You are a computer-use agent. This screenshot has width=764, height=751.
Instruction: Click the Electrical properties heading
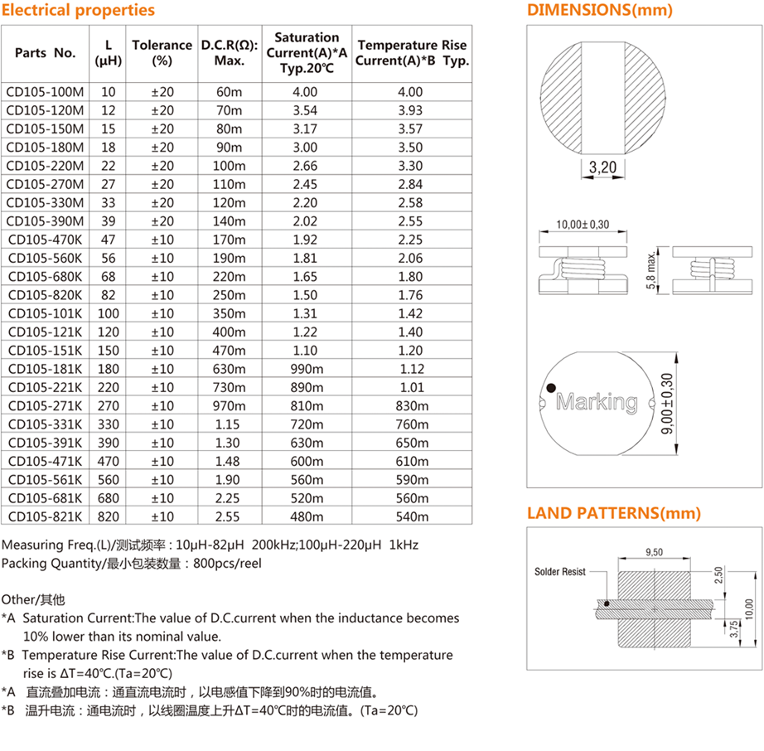[x=79, y=11]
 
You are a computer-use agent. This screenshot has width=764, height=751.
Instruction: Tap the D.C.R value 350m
[x=229, y=313]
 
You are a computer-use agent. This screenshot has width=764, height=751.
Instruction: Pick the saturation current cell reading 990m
[x=307, y=369]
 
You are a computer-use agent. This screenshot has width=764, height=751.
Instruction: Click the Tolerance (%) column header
[x=162, y=52]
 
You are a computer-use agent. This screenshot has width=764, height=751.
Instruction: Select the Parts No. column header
[x=46, y=52]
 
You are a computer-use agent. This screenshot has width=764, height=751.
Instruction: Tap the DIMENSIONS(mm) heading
[x=600, y=11]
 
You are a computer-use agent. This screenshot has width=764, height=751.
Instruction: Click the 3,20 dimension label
[x=602, y=168]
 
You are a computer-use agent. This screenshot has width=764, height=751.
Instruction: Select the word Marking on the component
[x=597, y=403]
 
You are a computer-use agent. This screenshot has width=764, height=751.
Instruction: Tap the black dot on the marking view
[x=549, y=387]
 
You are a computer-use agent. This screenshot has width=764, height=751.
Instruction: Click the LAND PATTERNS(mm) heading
[x=614, y=513]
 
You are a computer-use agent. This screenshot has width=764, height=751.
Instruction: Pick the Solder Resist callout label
[x=560, y=572]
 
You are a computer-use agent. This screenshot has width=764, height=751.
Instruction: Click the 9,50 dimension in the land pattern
[x=655, y=551]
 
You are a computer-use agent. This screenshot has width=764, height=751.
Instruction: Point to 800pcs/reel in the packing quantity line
[x=227, y=563]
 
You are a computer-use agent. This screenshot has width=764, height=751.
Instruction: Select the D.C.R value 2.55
[x=229, y=516]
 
